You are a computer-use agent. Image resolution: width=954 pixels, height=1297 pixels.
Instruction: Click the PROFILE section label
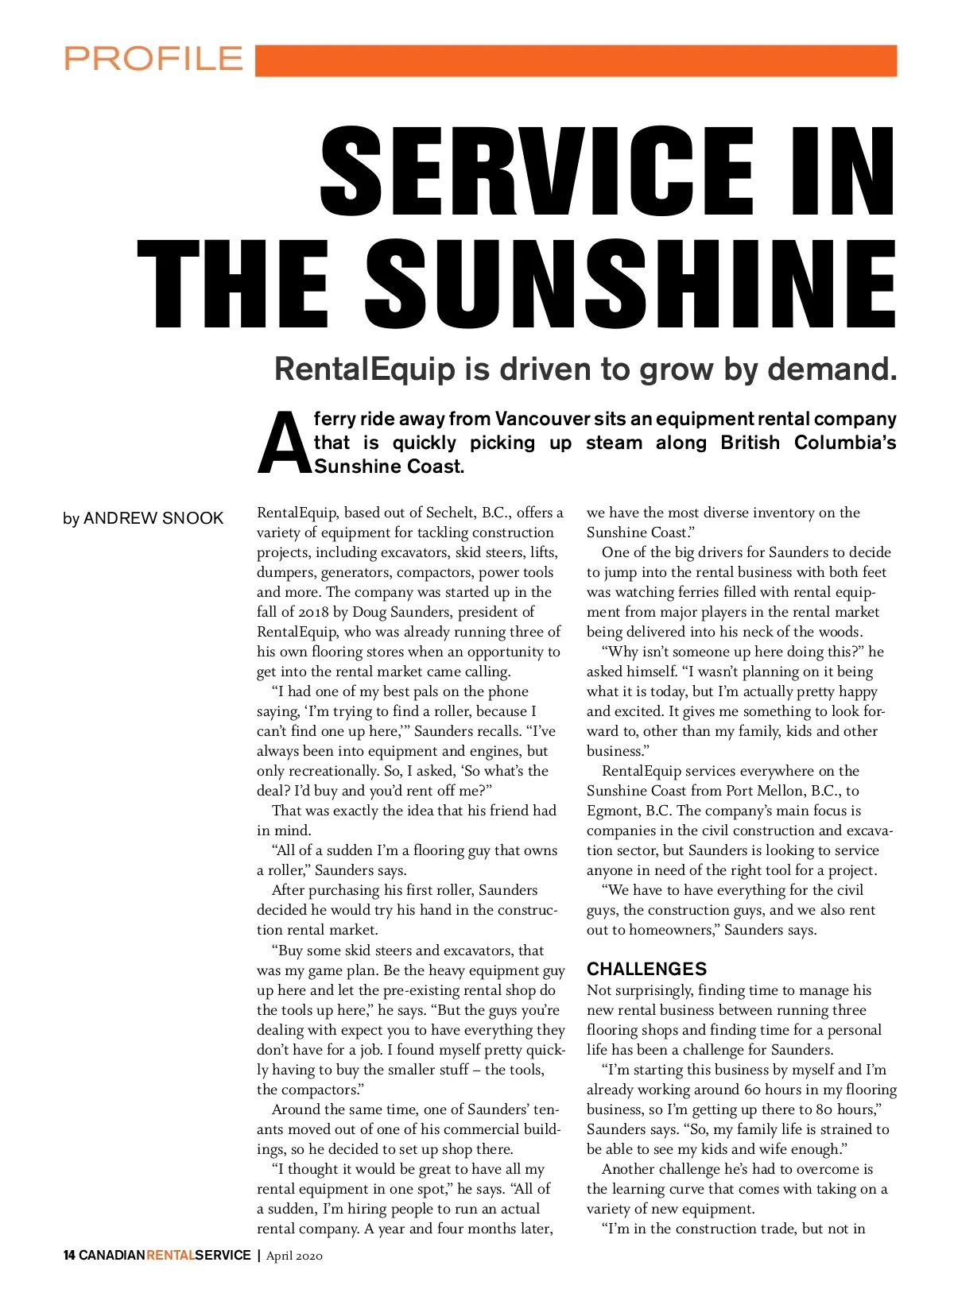153,59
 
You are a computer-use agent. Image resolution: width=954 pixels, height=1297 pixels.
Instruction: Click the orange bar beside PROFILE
576,60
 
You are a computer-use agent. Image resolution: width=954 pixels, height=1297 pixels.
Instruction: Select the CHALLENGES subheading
646,969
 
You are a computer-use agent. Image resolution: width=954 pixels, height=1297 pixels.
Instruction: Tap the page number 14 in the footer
69,1255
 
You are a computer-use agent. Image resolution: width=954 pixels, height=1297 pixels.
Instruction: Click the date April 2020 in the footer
294,1256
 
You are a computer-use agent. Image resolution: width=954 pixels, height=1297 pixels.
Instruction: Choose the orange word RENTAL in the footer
170,1255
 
